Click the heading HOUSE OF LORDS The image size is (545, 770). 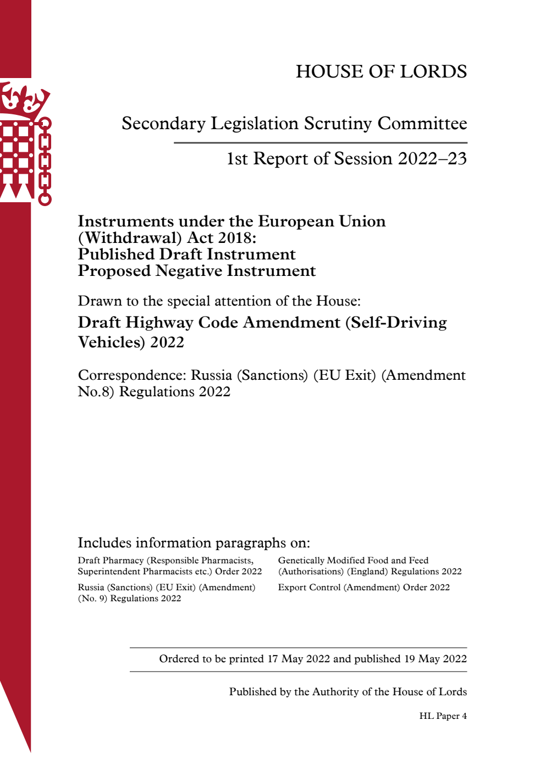coord(381,71)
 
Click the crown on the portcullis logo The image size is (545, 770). coord(25,99)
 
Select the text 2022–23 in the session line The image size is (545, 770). coord(432,159)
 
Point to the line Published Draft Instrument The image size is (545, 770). coord(186,254)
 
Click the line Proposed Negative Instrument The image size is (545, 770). coord(196,271)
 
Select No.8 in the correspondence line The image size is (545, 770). coord(96,392)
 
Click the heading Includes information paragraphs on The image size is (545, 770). coord(194,543)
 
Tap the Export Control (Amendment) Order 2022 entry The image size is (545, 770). coord(364,588)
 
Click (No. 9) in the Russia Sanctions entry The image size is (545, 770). coord(92,599)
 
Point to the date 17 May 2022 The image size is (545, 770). coord(299,659)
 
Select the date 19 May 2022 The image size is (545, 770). coord(435,659)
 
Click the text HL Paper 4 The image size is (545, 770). coord(443,716)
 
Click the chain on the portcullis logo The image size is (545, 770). coord(45,162)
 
